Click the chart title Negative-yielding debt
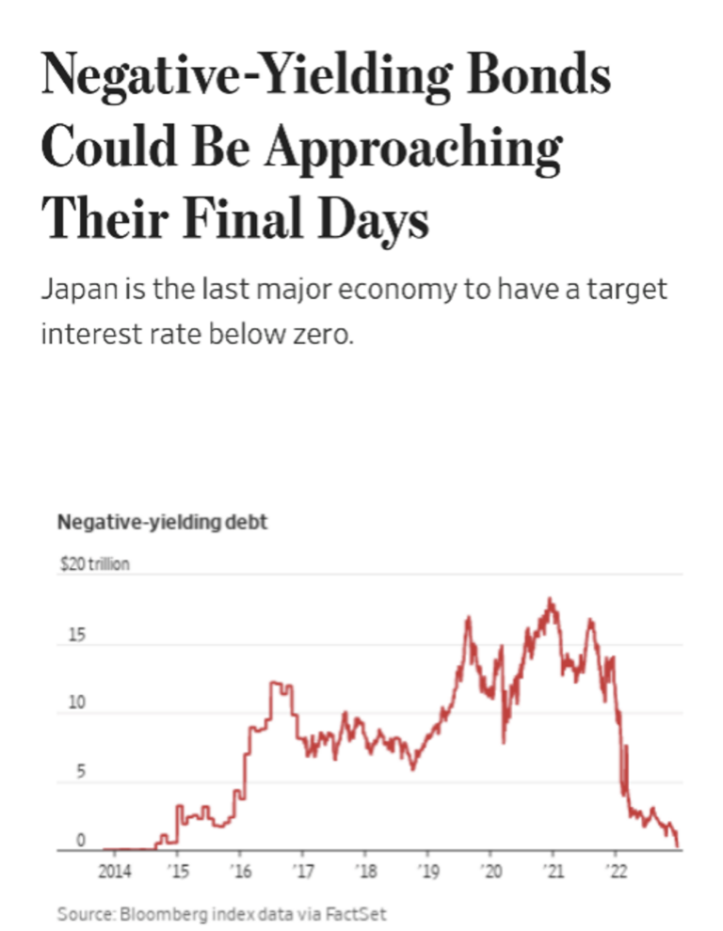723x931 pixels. pos(163,523)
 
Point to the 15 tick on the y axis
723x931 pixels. pos(76,637)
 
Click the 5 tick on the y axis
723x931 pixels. pos(81,773)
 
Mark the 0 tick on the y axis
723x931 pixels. pos(81,840)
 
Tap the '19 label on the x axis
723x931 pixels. pos(428,869)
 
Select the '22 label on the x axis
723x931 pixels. pos(616,869)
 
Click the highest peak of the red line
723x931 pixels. pos(551,599)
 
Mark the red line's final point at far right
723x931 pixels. pos(678,846)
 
